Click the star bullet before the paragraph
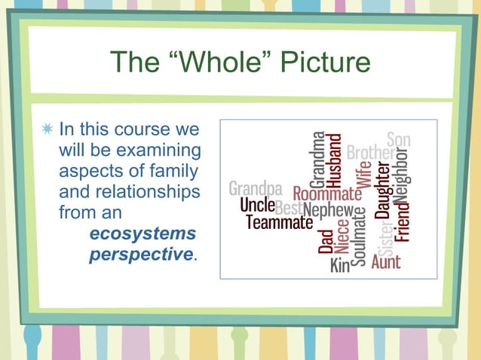tap(48, 129)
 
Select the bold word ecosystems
tap(142, 233)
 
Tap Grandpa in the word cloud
tap(256, 188)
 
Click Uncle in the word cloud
tap(256, 205)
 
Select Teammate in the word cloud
tap(278, 223)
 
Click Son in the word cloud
tap(399, 139)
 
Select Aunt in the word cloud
tap(386, 263)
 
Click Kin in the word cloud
tap(340, 265)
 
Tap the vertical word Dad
tap(326, 241)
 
